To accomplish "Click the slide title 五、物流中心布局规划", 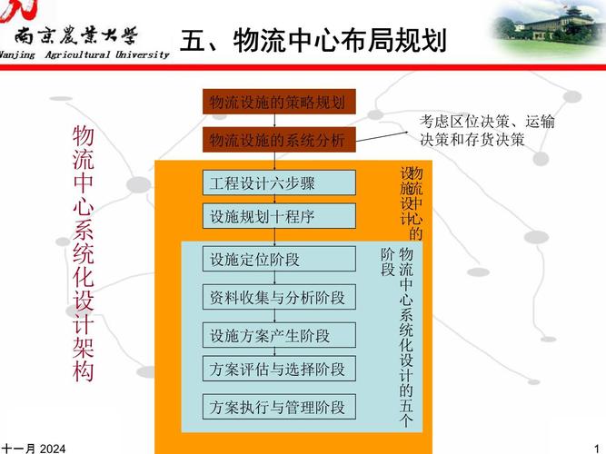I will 313,41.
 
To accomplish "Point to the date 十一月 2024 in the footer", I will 34,448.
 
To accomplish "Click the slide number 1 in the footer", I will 596,448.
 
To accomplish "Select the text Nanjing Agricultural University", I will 84,54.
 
